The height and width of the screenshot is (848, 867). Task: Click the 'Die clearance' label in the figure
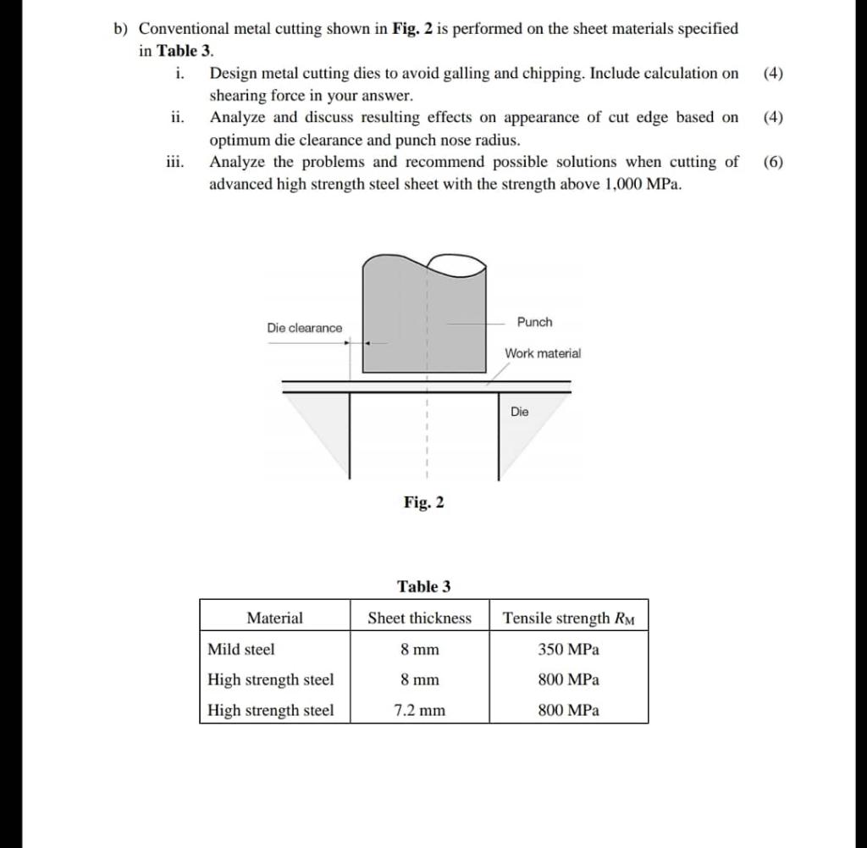(x=305, y=328)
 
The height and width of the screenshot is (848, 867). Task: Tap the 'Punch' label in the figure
(x=534, y=322)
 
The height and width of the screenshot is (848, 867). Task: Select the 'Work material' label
(x=543, y=353)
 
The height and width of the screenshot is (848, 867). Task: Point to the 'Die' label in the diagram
(x=519, y=412)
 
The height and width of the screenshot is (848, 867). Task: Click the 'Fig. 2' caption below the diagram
(x=423, y=502)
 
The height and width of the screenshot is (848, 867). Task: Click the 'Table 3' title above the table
(x=423, y=586)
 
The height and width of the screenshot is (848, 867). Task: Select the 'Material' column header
(x=274, y=618)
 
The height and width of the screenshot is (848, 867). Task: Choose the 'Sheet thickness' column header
(x=419, y=618)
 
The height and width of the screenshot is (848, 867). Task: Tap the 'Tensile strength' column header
(x=568, y=618)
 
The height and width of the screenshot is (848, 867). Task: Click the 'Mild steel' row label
(x=241, y=649)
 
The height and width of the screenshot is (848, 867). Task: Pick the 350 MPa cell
(x=568, y=649)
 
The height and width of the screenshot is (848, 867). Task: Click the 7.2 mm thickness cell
(x=419, y=710)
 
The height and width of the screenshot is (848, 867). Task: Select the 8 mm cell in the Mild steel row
(x=419, y=649)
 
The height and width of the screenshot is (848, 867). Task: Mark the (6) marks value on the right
(x=773, y=162)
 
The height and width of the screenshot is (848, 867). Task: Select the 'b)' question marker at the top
(x=123, y=29)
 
